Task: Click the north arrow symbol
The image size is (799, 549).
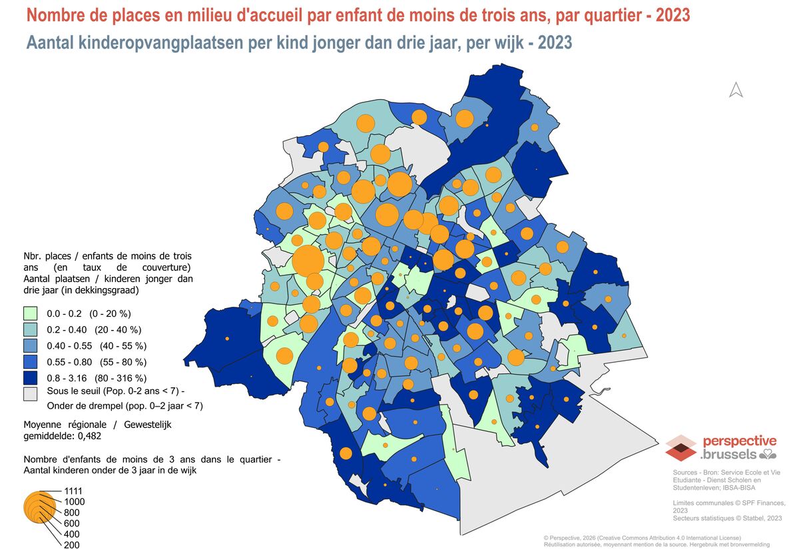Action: tap(736, 90)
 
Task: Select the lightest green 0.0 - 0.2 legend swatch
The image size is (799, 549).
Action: tap(31, 313)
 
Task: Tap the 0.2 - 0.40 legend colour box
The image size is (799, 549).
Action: tap(31, 330)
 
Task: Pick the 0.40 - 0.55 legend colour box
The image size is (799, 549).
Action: tap(31, 346)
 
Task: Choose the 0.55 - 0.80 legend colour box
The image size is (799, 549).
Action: tap(31, 362)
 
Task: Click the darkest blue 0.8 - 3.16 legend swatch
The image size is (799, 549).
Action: tap(31, 378)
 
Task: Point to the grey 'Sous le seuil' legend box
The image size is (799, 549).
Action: tap(31, 394)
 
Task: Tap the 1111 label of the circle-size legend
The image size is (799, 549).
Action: tap(73, 491)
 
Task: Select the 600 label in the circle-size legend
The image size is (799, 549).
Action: tap(72, 523)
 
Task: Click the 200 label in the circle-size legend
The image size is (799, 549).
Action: tap(72, 544)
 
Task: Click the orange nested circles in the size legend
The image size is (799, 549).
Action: tap(39, 507)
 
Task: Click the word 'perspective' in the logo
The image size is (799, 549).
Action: tap(740, 441)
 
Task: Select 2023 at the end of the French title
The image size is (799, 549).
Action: tap(672, 15)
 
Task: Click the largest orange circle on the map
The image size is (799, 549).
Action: tap(308, 261)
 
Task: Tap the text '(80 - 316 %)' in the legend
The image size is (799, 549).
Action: tap(121, 378)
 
